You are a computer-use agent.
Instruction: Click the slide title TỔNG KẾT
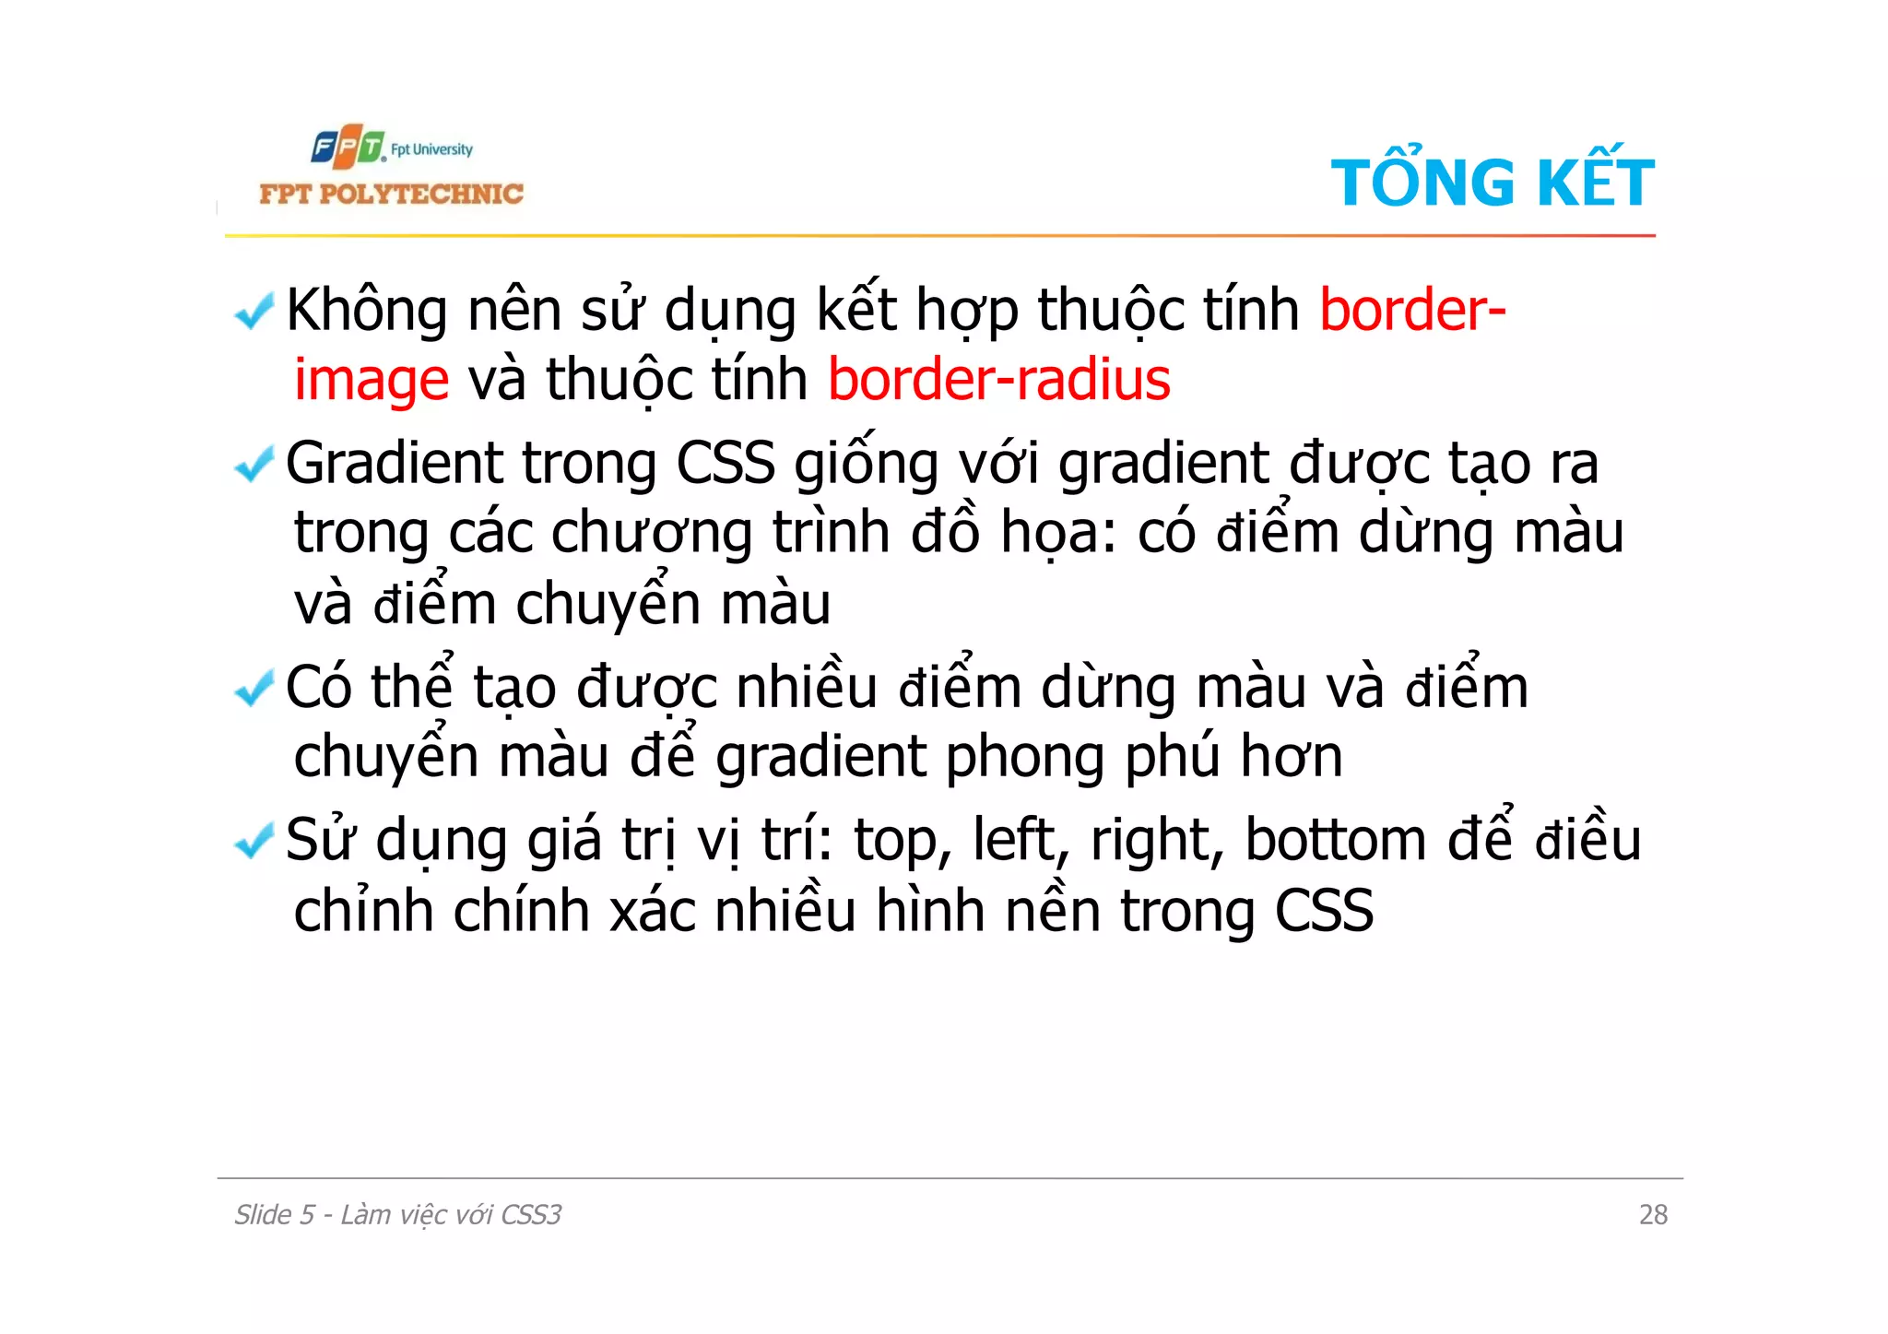(x=1492, y=182)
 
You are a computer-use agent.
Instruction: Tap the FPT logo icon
(x=348, y=148)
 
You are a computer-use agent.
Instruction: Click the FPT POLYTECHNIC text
(x=391, y=194)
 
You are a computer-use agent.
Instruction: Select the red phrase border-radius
(x=998, y=379)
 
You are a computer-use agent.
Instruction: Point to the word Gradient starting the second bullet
(x=394, y=463)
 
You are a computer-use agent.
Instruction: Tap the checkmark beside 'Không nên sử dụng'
(x=254, y=311)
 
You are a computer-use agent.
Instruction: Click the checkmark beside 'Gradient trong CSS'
(x=254, y=464)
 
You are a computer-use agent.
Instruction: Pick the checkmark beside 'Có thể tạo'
(x=254, y=688)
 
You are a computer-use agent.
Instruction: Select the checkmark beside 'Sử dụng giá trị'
(x=254, y=840)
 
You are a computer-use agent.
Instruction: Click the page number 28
(x=1653, y=1215)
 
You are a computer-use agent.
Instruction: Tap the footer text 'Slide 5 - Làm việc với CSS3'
(x=397, y=1215)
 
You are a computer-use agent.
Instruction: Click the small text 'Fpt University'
(x=431, y=149)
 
